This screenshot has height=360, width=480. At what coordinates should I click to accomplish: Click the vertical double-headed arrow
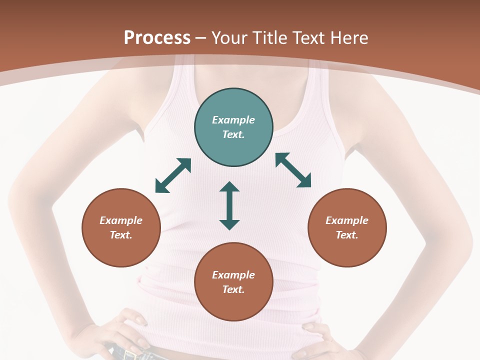coord(229,205)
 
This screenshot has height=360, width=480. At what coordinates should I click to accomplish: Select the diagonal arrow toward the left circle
coord(173,175)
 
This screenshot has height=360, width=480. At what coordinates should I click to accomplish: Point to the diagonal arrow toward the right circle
coord(293,170)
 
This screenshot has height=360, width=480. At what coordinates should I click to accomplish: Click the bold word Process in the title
coord(157,38)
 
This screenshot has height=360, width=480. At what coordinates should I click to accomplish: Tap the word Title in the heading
coord(270,38)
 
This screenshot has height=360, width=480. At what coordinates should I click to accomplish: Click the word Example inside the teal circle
coord(233,120)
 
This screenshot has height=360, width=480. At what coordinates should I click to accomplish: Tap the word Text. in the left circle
coord(121,235)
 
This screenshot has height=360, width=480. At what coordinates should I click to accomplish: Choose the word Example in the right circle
coord(347,220)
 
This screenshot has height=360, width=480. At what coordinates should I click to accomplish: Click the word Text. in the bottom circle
coord(233,289)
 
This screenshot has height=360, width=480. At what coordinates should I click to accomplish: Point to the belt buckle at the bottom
coord(131,355)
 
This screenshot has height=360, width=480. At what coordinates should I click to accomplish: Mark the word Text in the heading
coord(308,38)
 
